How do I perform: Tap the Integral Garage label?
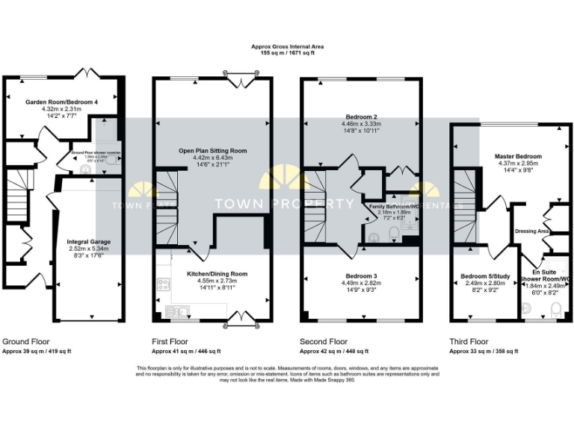click(x=90, y=243)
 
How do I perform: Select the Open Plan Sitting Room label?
click(x=212, y=151)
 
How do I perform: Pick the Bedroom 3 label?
click(x=360, y=275)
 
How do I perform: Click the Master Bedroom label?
click(x=518, y=156)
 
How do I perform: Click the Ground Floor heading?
click(x=26, y=340)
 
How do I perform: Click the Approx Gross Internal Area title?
click(x=287, y=46)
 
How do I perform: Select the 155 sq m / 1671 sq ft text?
click(x=287, y=53)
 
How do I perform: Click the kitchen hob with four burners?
click(x=164, y=284)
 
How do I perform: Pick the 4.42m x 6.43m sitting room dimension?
click(x=212, y=158)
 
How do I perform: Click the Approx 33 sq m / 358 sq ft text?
click(x=483, y=350)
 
